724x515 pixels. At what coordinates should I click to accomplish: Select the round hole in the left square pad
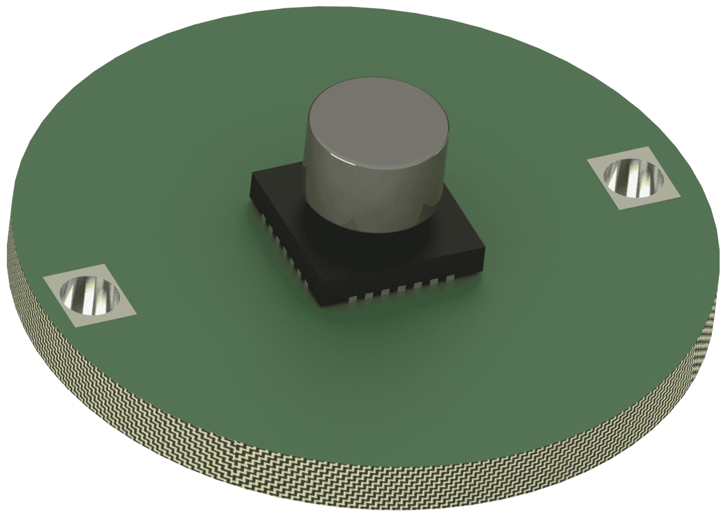(90, 296)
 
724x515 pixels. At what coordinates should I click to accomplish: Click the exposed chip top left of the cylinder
(281, 185)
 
